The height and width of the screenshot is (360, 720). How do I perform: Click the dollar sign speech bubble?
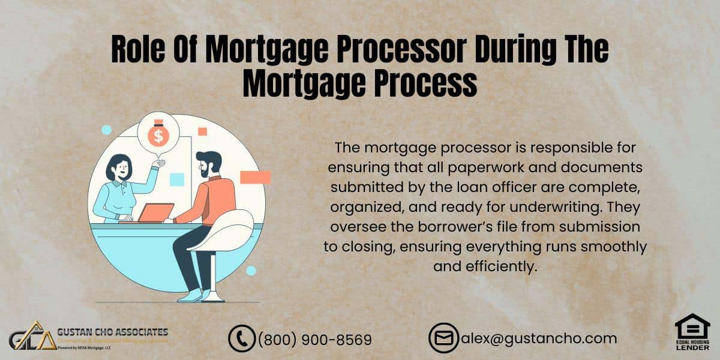158,136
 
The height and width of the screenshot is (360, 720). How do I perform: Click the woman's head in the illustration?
119,168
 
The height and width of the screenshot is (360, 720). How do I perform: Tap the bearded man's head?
209,163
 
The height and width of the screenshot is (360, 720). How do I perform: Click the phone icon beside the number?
242,338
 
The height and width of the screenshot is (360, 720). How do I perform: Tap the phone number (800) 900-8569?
315,339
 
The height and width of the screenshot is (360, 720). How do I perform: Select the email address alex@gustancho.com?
539,338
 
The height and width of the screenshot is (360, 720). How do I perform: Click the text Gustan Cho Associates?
113,332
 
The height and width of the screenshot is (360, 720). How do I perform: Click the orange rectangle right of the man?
255,177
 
